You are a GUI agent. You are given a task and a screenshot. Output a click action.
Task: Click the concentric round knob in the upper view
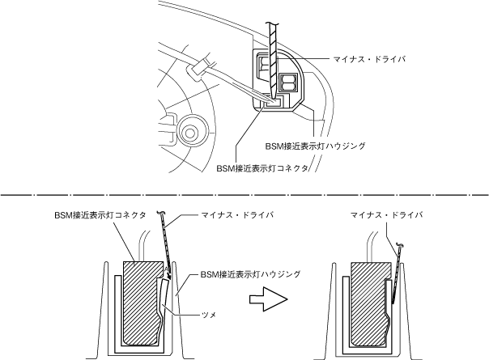coord(193,128)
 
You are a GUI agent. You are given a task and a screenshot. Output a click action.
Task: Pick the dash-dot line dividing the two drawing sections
coord(243,195)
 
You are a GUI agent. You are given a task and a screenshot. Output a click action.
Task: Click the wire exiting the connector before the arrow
coord(144,245)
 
